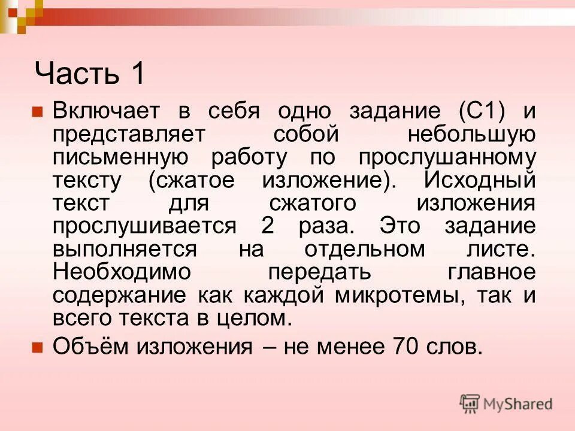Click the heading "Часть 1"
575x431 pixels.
click(90, 74)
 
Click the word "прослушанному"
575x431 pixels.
click(447, 157)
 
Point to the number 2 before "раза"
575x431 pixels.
click(268, 226)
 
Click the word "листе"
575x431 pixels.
click(497, 249)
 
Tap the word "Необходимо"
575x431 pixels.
click(122, 272)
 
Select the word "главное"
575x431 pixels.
click(491, 272)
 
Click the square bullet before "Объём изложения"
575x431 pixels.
click(37, 346)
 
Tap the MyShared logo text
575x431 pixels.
click(517, 404)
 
